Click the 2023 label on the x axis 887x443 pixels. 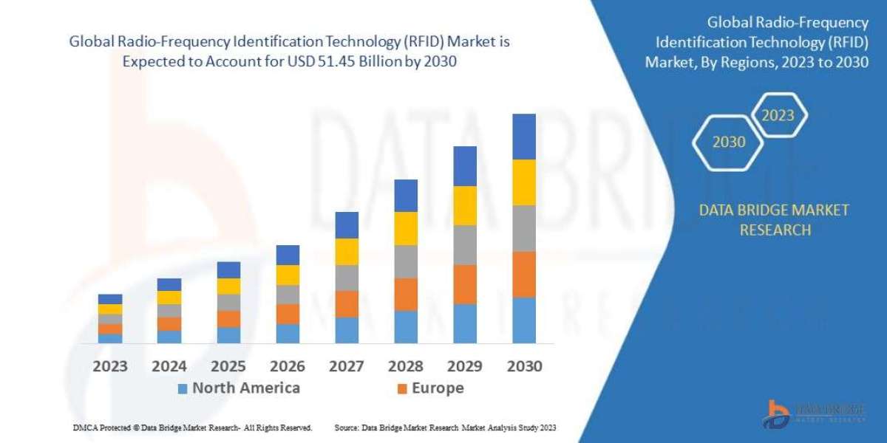[110, 366]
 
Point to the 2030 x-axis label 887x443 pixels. [524, 366]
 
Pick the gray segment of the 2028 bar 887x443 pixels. [406, 261]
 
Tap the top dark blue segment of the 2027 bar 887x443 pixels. [347, 225]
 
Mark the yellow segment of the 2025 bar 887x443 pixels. [228, 286]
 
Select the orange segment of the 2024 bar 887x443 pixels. [169, 324]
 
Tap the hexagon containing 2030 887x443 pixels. [729, 142]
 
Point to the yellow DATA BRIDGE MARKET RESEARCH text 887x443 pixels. [764, 220]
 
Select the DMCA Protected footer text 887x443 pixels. [192, 427]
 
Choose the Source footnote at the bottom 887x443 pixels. [445, 427]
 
